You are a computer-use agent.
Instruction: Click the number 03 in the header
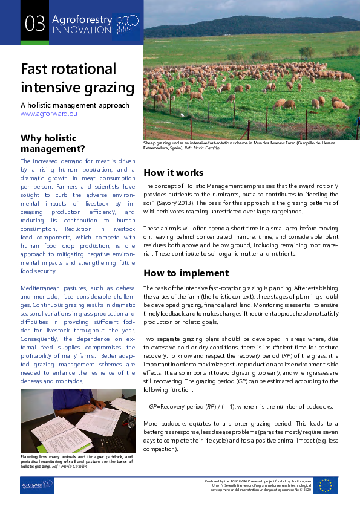[x=35, y=24]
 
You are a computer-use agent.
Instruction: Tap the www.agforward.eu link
[x=49, y=113]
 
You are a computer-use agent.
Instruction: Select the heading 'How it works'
[x=173, y=173]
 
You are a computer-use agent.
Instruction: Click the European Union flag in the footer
[x=326, y=485]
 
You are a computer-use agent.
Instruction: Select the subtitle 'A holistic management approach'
[x=74, y=105]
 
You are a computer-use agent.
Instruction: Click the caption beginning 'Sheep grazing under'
[x=240, y=145]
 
